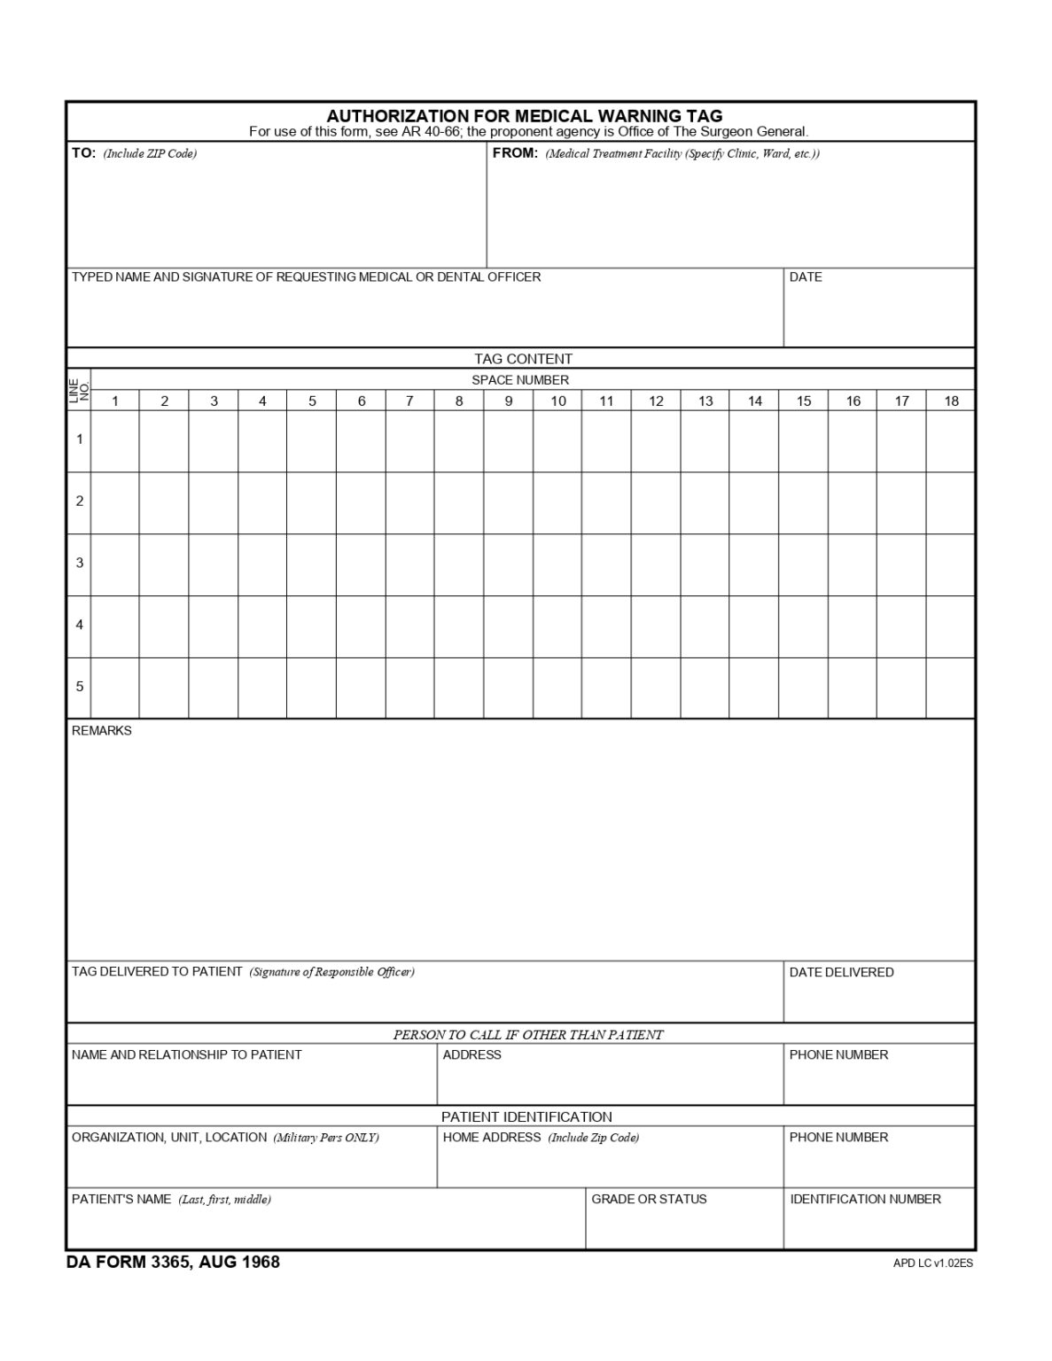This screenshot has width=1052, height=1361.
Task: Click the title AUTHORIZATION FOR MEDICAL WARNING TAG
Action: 524,115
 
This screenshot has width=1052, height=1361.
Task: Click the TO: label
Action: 83,153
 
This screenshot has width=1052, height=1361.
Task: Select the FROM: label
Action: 515,153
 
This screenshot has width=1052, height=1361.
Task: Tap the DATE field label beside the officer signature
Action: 805,277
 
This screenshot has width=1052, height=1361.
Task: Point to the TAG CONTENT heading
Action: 523,359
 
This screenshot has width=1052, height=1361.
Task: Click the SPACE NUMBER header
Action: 520,380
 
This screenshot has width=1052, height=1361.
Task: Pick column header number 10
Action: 557,401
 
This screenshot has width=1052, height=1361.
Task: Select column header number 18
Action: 950,401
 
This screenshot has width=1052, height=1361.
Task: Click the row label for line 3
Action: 80,564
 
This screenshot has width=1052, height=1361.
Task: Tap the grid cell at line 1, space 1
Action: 115,440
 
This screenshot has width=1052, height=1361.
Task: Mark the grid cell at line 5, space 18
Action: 950,688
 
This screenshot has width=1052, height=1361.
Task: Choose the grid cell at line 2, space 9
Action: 508,502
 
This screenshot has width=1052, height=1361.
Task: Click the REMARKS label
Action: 101,731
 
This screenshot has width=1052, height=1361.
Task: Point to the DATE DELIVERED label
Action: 841,973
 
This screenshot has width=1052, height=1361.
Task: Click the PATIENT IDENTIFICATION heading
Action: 526,1117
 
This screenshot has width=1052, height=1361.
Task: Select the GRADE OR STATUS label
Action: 649,1200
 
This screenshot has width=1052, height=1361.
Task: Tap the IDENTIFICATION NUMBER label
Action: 865,1200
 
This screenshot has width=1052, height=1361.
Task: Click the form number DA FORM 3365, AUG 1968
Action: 173,1263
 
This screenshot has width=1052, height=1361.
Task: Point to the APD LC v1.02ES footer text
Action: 932,1264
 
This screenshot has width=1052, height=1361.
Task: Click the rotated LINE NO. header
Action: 79,391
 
